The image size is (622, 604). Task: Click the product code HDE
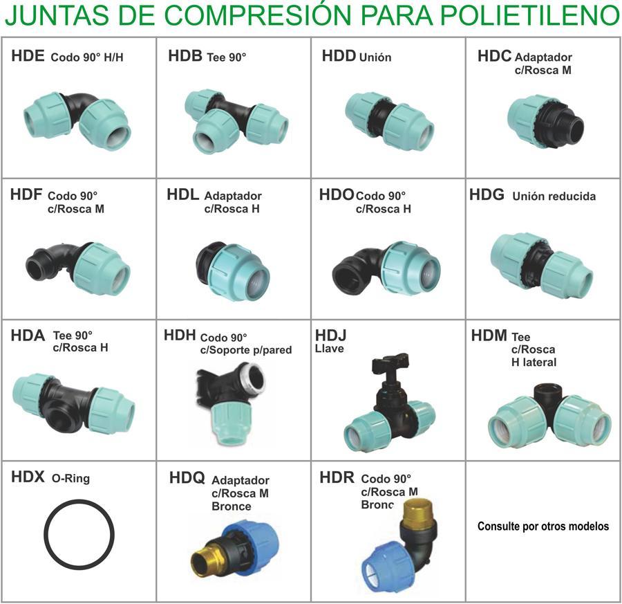pyautogui.click(x=28, y=56)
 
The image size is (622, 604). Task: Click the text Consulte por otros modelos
pyautogui.click(x=543, y=527)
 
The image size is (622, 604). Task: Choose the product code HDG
pyautogui.click(x=487, y=195)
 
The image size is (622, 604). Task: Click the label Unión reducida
pyautogui.click(x=554, y=196)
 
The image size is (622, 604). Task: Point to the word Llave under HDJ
pyautogui.click(x=329, y=349)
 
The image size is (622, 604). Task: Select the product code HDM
pyautogui.click(x=489, y=336)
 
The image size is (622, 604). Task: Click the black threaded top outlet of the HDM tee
pyautogui.click(x=547, y=396)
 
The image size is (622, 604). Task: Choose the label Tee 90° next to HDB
pyautogui.click(x=227, y=57)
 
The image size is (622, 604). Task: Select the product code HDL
pyautogui.click(x=183, y=194)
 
